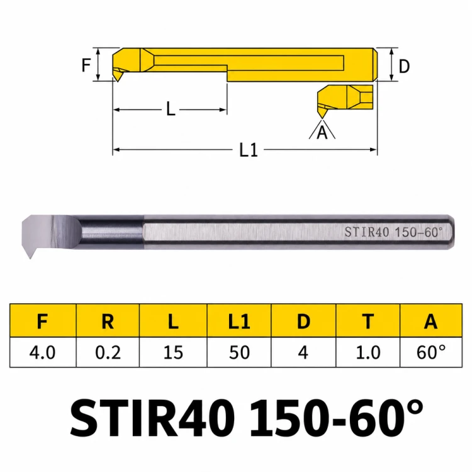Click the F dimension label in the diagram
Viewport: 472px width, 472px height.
(86, 65)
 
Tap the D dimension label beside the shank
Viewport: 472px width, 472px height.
(404, 66)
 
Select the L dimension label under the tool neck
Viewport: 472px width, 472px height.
(171, 109)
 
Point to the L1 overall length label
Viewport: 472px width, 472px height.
(249, 150)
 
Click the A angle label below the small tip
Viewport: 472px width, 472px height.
(322, 132)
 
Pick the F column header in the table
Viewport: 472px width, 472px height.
(42, 321)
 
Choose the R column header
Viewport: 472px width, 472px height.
(108, 321)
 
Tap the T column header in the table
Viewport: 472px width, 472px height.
(368, 321)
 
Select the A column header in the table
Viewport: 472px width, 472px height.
(430, 321)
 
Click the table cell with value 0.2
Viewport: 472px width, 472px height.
(108, 352)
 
